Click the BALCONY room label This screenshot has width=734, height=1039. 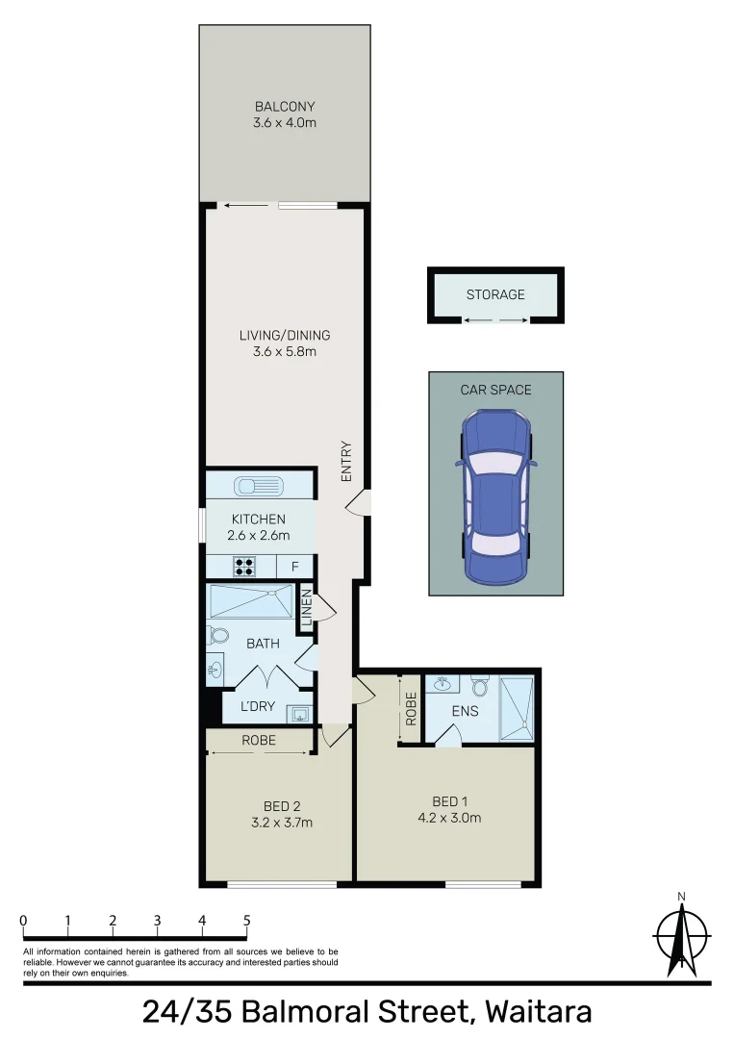coord(284,106)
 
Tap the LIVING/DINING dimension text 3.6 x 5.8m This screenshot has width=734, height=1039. coord(284,352)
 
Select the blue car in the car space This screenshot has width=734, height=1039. coord(495,497)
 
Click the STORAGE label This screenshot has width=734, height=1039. coord(495,293)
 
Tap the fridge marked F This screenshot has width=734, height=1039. coord(294,566)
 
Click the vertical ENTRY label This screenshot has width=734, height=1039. coord(346,461)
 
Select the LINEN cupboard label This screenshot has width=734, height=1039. coord(307,608)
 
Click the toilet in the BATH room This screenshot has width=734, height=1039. coord(217,635)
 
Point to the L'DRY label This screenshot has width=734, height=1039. coord(257,706)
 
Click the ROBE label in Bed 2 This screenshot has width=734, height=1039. coord(259,741)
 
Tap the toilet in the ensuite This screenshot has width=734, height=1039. coord(481,686)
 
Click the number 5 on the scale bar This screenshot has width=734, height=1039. coord(246,921)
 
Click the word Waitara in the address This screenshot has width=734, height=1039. coord(538,1012)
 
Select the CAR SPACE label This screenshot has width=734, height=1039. coord(495,390)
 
